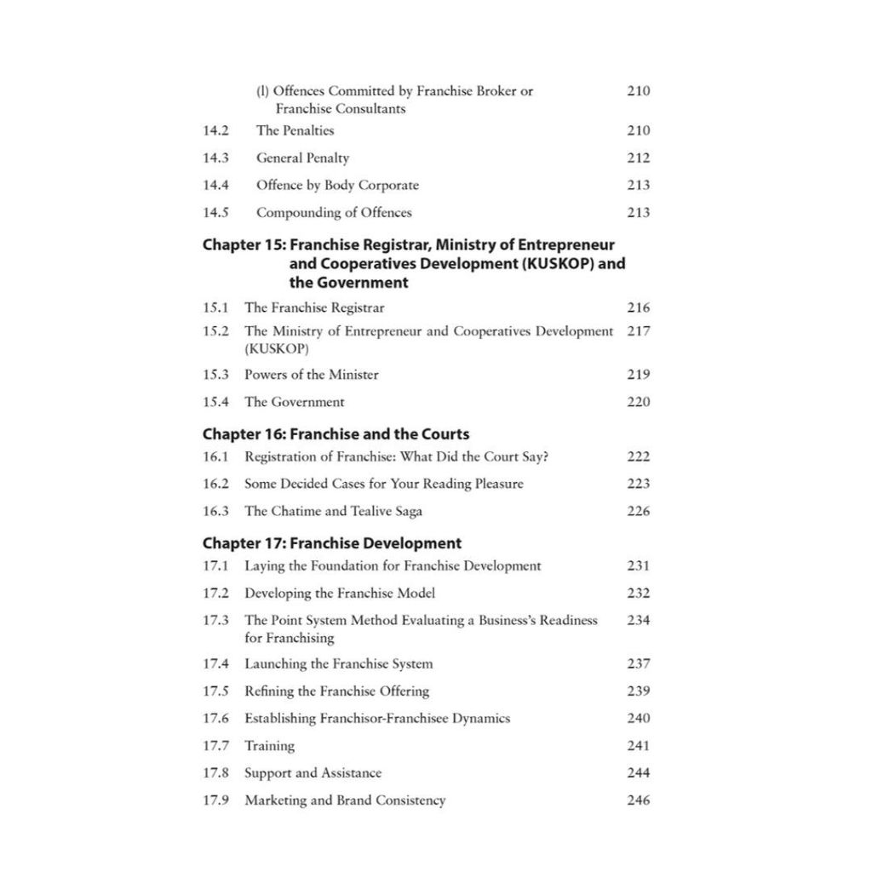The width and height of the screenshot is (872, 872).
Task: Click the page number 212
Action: pos(638,158)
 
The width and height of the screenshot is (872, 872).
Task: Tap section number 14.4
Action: pos(215,185)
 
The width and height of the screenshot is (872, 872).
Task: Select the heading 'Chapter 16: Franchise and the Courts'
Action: pos(336,433)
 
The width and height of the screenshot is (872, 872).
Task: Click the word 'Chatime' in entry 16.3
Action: pos(321,511)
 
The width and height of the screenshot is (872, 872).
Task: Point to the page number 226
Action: pos(638,511)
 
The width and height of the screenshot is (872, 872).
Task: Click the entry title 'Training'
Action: pos(269,745)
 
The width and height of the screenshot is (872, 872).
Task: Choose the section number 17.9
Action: pos(215,800)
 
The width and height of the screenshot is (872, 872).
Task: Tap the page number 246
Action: pos(638,800)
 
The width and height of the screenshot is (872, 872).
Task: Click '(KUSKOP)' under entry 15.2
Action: pos(276,349)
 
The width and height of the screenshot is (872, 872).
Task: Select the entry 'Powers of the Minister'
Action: pos(311,374)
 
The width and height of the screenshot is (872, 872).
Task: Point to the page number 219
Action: pos(638,374)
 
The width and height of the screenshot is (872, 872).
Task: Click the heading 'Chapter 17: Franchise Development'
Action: pos(332,542)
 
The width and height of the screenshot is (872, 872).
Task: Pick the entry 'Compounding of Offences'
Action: pos(334,212)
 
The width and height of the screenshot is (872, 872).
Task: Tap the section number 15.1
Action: pos(215,307)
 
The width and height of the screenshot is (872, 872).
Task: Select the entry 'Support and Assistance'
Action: pos(313,772)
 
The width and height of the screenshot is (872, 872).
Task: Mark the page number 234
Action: pos(638,620)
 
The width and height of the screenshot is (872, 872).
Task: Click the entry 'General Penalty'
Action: pos(302,158)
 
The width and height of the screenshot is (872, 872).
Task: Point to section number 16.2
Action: pos(215,483)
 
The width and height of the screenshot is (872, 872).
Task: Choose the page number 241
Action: pos(638,745)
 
